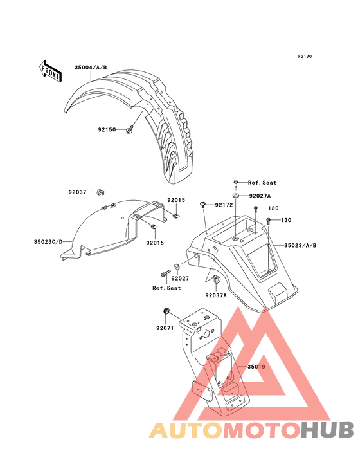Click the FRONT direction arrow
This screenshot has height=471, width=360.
(x=50, y=71)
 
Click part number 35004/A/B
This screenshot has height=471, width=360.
(x=91, y=68)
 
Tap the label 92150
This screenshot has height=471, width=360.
(x=107, y=130)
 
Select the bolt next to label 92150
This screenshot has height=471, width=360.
(x=130, y=131)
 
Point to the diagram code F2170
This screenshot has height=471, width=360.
(x=305, y=56)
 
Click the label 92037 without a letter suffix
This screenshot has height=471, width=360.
(x=77, y=192)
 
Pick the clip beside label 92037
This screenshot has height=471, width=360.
(x=100, y=192)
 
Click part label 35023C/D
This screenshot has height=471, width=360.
(x=48, y=242)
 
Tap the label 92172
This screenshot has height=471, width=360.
(x=224, y=205)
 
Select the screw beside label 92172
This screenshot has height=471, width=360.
(x=203, y=205)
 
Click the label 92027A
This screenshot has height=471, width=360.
(x=260, y=196)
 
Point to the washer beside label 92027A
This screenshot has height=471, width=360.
(x=235, y=196)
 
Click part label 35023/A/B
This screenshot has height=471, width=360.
(x=300, y=245)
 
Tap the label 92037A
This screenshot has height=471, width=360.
(x=216, y=295)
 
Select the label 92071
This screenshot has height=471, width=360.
(x=165, y=328)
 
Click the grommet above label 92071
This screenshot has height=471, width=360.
(x=166, y=311)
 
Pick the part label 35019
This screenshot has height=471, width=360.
(x=256, y=367)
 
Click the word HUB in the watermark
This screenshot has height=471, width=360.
(x=327, y=430)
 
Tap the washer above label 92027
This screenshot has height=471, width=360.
(x=177, y=266)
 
